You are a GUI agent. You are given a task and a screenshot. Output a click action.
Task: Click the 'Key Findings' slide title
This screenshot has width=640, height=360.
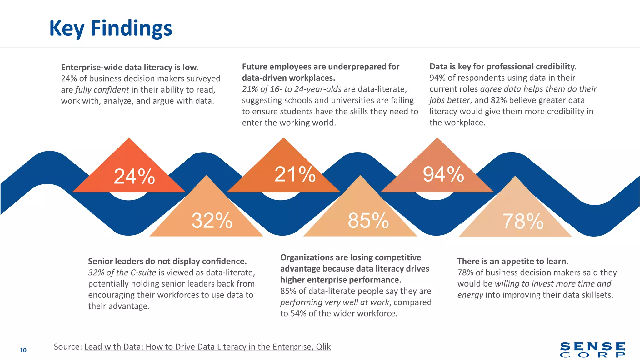tap(111, 28)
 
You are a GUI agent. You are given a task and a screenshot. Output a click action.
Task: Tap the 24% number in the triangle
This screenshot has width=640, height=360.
tap(134, 177)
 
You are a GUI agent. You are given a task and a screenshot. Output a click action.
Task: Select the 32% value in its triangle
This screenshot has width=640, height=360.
tap(212, 221)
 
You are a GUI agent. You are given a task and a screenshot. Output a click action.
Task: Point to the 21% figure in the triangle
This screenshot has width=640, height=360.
tap(295, 174)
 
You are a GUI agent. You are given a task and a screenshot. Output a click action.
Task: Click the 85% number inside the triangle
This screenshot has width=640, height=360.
tap(368, 221)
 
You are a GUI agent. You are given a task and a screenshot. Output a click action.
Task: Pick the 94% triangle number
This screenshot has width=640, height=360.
tap(443, 174)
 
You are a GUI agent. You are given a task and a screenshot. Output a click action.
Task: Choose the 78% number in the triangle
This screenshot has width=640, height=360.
tap(523, 221)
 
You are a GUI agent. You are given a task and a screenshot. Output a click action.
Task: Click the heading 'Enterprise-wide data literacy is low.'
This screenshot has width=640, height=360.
tap(130, 67)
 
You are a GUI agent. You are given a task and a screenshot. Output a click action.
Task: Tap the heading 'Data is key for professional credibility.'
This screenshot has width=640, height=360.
tap(503, 67)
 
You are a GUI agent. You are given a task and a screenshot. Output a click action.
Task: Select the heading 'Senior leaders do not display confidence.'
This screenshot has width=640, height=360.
tap(167, 261)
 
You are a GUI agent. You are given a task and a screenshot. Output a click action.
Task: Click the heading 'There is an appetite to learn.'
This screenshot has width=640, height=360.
tap(513, 261)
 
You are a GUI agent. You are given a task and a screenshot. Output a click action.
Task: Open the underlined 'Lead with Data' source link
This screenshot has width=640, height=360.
tap(207, 347)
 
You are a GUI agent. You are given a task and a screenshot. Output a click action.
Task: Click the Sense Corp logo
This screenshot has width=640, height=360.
tap(592, 350)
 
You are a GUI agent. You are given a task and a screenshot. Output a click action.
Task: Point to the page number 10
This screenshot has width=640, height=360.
tap(23, 350)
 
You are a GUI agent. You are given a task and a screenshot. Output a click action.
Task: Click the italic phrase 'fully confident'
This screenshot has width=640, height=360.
tap(102, 90)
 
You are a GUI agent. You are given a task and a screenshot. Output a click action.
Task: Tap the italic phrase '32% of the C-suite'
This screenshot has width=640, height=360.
tap(122, 272)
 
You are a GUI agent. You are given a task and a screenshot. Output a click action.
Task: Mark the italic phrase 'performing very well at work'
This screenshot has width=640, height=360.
tap(335, 302)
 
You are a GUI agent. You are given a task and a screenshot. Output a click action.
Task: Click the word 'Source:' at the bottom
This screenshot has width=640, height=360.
tap(67, 347)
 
